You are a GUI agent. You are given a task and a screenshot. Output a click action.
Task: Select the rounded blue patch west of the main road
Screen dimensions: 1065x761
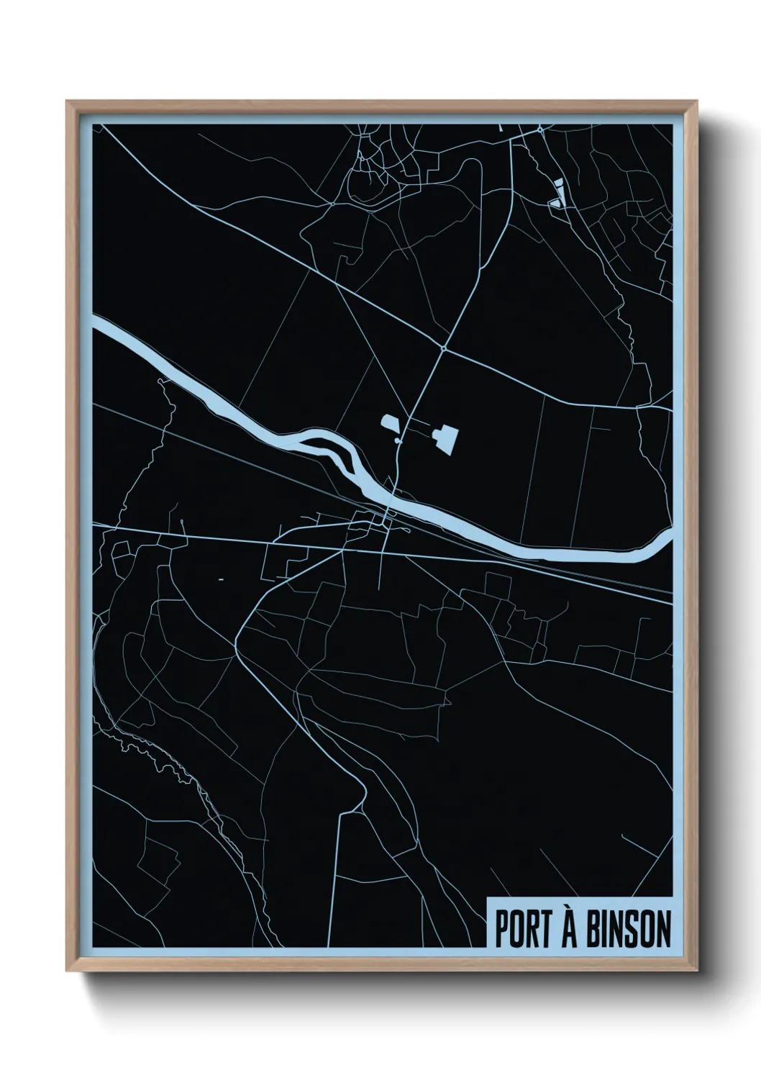389,424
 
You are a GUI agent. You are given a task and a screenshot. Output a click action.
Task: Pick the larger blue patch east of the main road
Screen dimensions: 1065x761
445,435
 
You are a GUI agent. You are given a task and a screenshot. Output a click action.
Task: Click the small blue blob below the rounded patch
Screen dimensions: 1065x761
398,440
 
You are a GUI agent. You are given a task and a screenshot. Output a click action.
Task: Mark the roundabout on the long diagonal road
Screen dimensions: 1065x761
445,349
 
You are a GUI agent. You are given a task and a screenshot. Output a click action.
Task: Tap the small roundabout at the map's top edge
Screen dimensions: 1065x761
540,130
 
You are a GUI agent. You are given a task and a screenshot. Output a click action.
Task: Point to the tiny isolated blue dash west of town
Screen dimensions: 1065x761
221,579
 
